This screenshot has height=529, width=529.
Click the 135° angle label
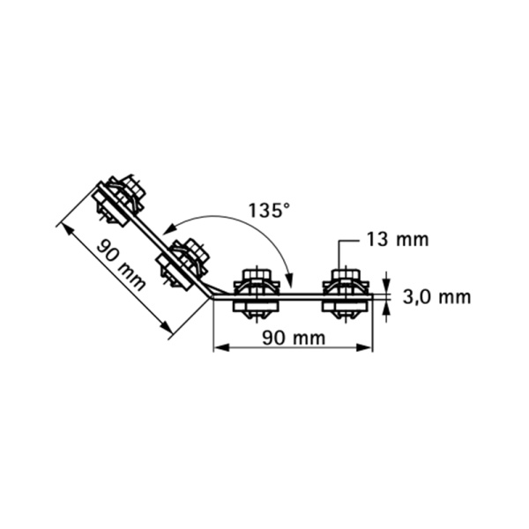tap(269, 210)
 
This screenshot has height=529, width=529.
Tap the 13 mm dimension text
tap(398, 240)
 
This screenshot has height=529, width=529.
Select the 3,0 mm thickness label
tap(436, 298)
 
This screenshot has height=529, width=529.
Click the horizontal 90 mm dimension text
tap(294, 338)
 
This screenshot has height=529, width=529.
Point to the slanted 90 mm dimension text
tap(121, 264)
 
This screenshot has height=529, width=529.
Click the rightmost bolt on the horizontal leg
tap(346, 294)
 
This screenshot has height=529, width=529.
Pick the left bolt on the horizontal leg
tap(257, 294)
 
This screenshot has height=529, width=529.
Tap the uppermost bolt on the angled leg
tap(119, 201)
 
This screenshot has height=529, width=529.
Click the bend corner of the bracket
tap(212, 298)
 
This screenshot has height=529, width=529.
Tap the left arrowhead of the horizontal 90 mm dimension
tap(221, 347)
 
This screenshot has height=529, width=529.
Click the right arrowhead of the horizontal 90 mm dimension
tap(365, 347)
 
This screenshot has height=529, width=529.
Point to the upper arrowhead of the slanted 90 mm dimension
tap(67, 230)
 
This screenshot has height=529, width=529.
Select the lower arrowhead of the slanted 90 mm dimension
tap(166, 326)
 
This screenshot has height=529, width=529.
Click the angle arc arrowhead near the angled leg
tap(170, 228)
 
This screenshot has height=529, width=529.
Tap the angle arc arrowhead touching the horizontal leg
tap(289, 278)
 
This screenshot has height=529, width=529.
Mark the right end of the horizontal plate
tap(372, 297)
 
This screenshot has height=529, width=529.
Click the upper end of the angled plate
tap(100, 184)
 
